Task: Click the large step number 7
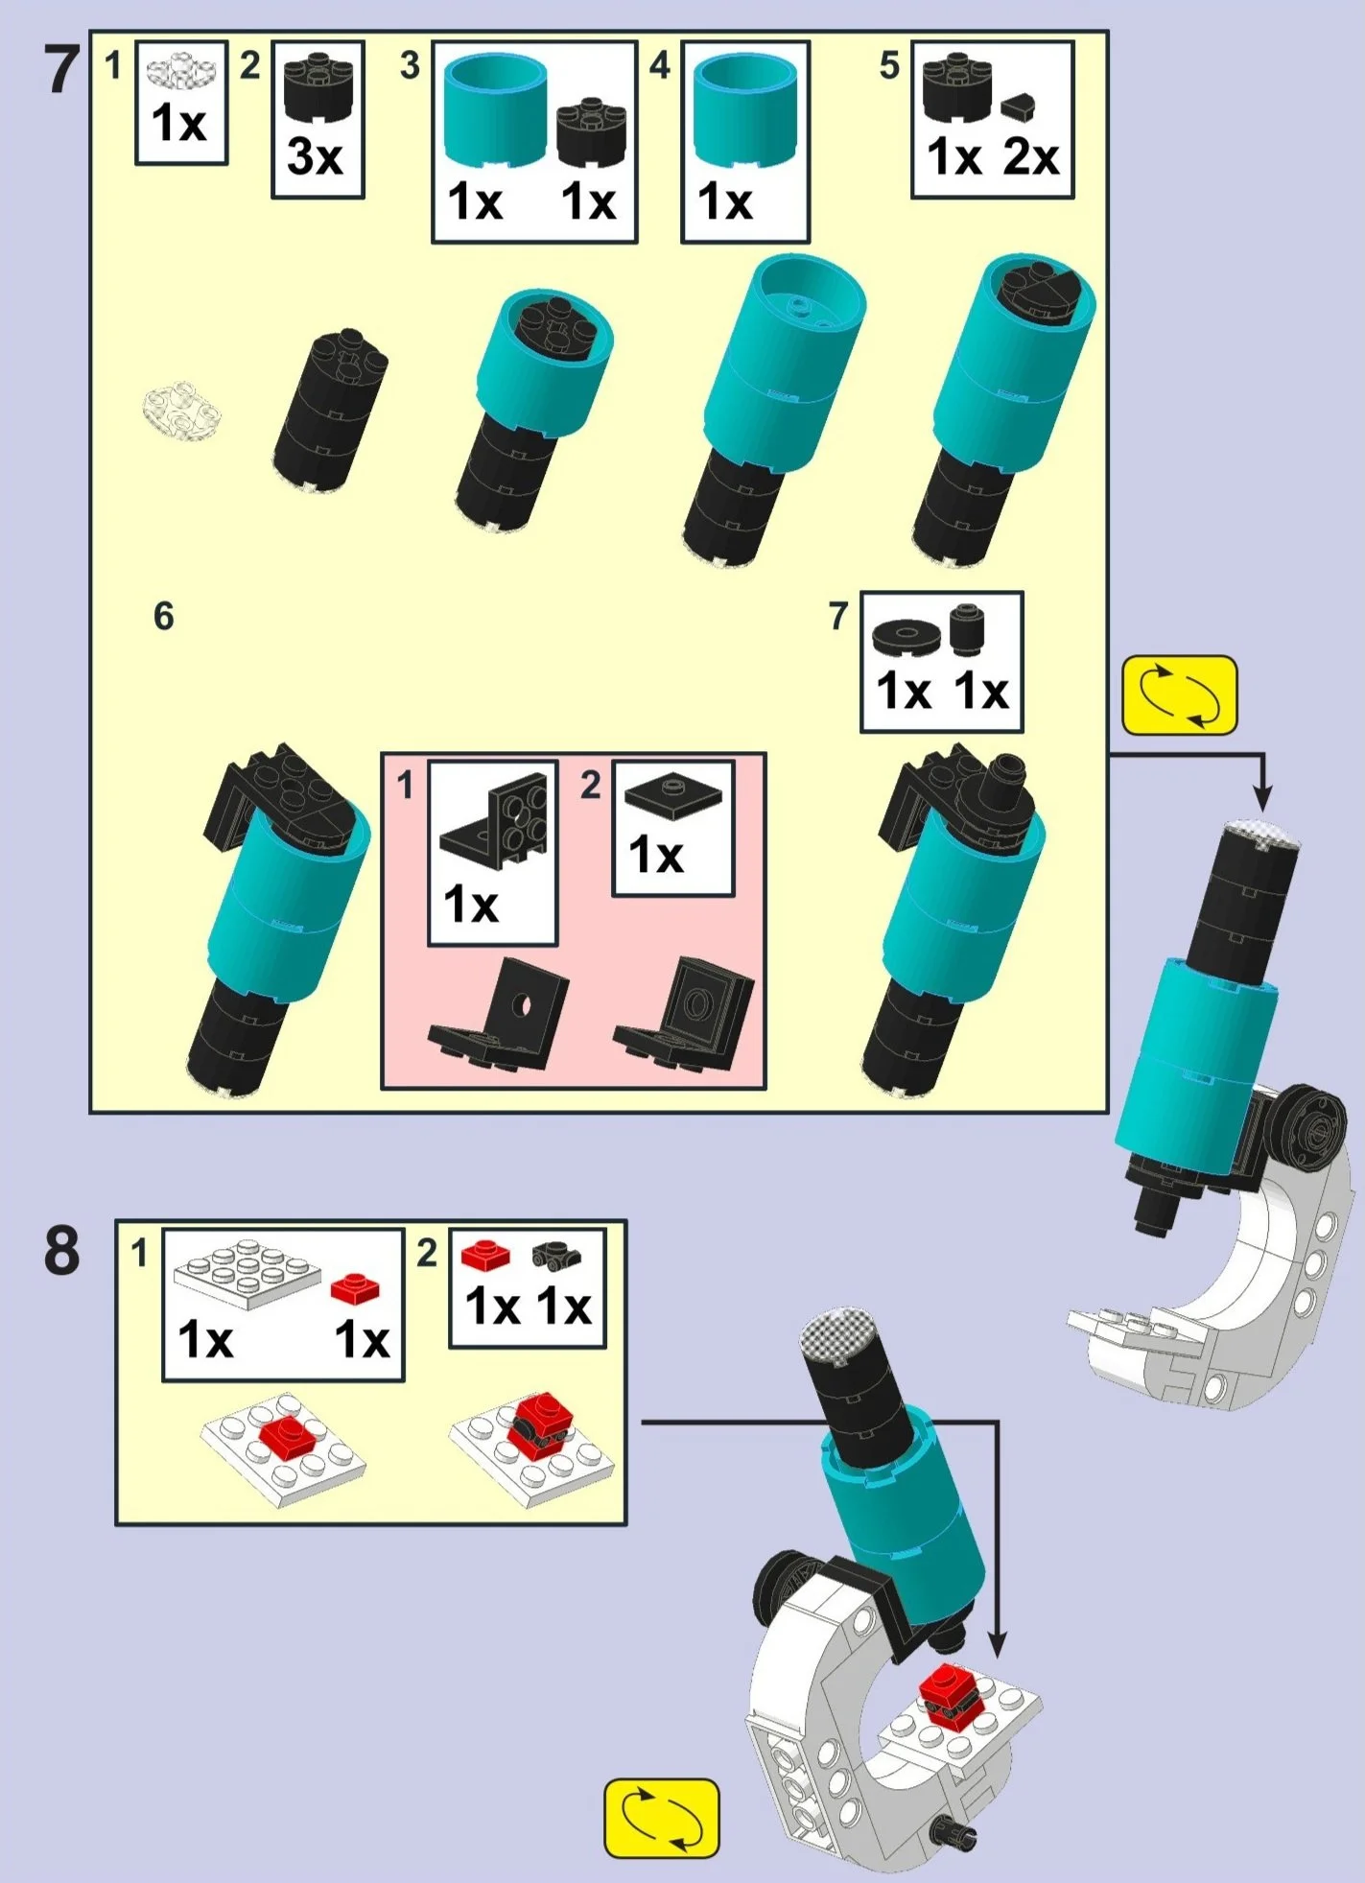[x=62, y=70]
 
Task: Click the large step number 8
[x=62, y=1251]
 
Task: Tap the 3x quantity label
[x=315, y=156]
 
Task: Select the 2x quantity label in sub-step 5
[x=1031, y=156]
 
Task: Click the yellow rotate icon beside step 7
[x=1180, y=695]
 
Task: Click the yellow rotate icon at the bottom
[x=662, y=1819]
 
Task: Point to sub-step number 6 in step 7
[x=164, y=617]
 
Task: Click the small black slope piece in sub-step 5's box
[x=1019, y=106]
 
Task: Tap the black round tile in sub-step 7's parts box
[x=906, y=636]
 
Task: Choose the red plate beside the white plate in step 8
[x=355, y=1287]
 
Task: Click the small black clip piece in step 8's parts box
[x=556, y=1254]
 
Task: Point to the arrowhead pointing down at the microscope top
[x=1263, y=797]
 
